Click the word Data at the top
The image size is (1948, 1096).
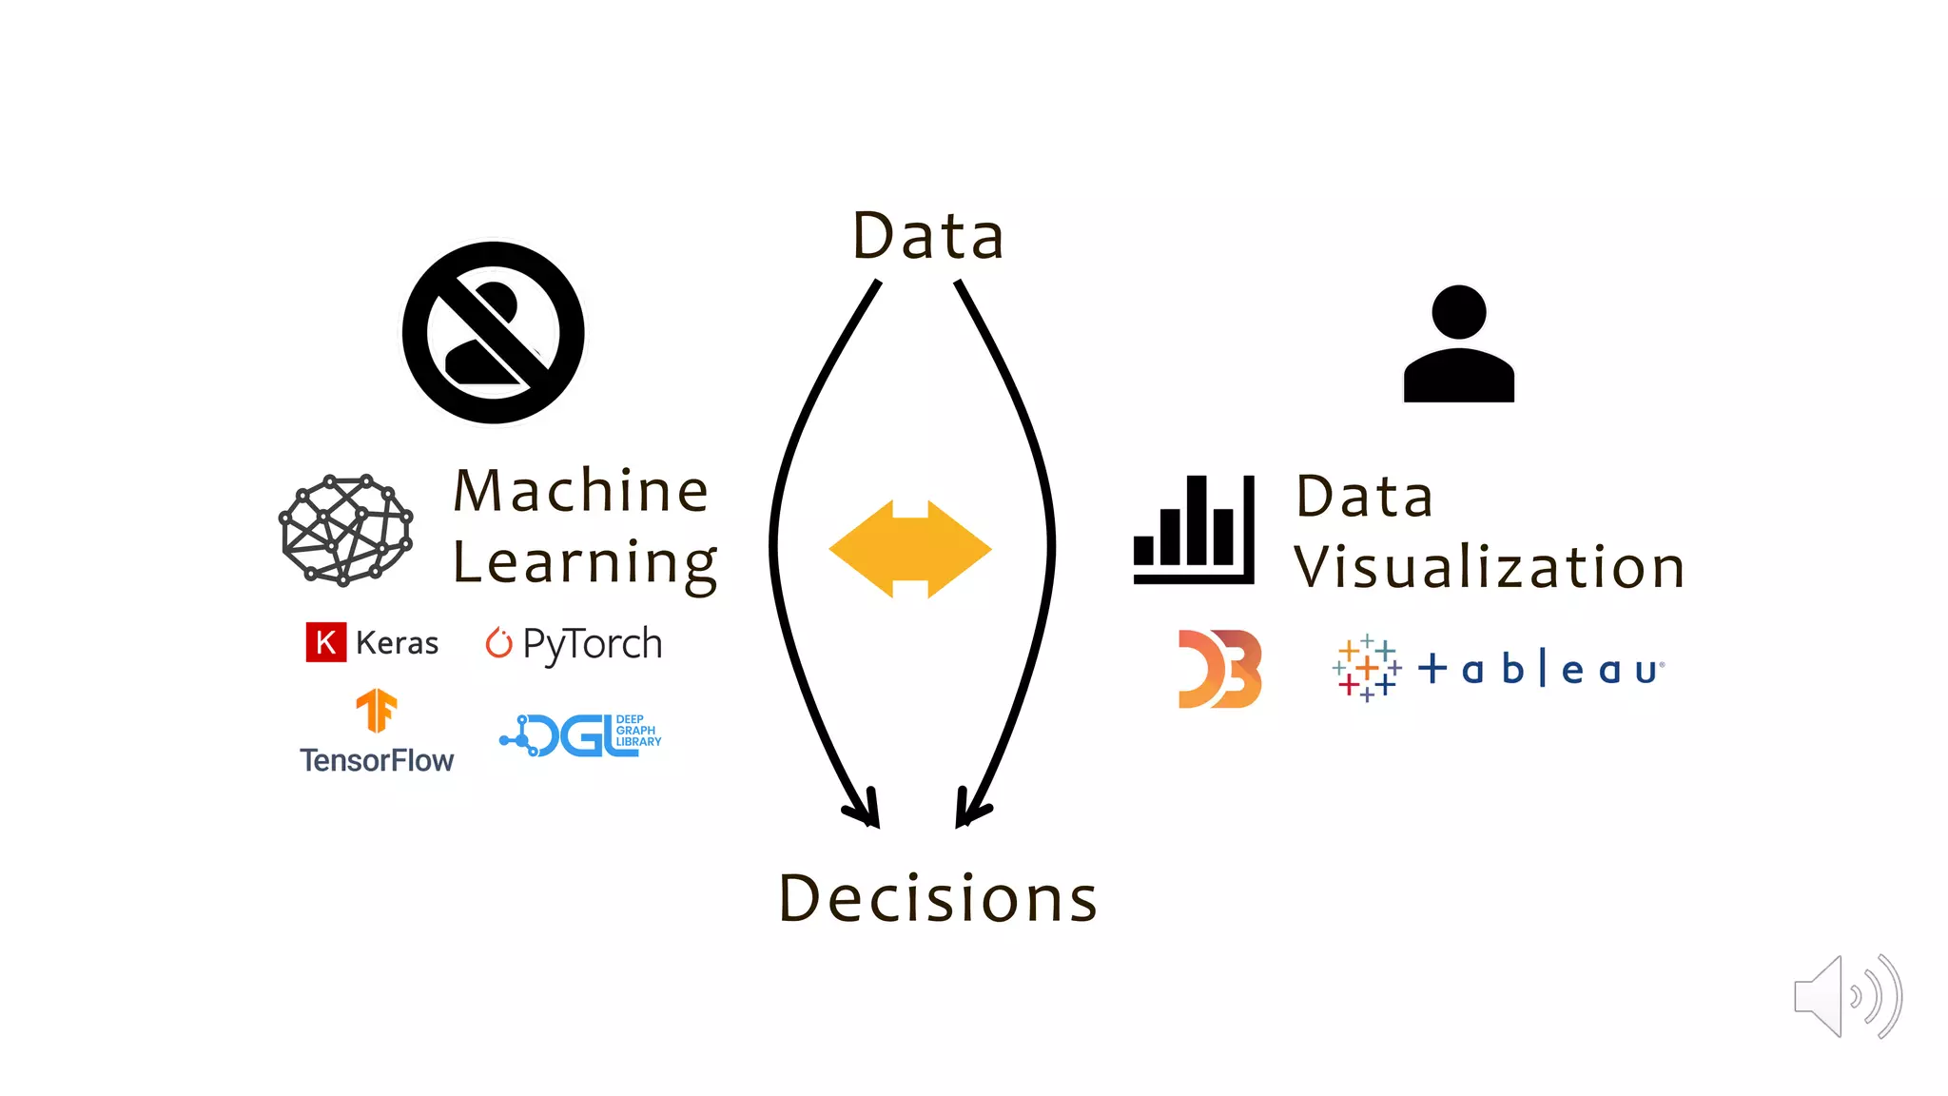click(928, 236)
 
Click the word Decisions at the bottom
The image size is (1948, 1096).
click(938, 898)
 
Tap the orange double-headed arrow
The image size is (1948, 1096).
click(910, 549)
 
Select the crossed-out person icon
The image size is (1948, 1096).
click(493, 333)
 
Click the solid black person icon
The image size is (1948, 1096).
click(1458, 344)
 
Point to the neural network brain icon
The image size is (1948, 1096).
click(345, 530)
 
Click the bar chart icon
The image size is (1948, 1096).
click(1194, 530)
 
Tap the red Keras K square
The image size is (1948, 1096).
click(325, 642)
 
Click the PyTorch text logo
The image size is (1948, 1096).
click(592, 644)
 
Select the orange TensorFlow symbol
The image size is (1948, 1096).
click(377, 710)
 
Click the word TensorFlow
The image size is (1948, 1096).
click(377, 760)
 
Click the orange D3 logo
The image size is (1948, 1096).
click(1219, 669)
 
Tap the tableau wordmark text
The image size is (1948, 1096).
click(1541, 669)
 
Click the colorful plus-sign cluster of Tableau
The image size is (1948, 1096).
click(1367, 668)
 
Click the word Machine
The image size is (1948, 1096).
click(581, 491)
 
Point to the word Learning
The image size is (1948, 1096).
click(584, 563)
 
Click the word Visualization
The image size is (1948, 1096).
click(1490, 567)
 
